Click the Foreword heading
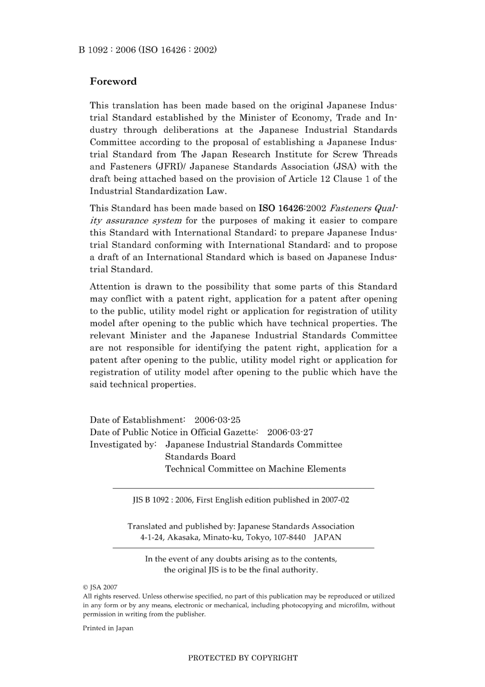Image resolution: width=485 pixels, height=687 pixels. click(x=113, y=81)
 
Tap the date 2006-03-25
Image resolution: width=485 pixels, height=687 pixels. click(x=217, y=420)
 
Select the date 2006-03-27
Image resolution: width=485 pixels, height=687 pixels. click(x=290, y=432)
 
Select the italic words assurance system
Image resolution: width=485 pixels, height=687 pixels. click(x=143, y=221)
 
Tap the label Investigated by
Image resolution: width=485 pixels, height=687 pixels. click(x=123, y=444)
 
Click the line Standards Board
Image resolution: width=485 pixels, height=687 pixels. click(x=200, y=457)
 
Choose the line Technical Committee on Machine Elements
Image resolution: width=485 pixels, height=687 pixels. click(x=255, y=469)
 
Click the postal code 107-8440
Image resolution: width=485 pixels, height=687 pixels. click(x=289, y=537)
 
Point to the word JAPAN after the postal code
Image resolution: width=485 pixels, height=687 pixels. click(x=327, y=537)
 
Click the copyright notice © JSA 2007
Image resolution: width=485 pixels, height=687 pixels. click(x=100, y=587)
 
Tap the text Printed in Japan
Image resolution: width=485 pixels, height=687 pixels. click(x=108, y=628)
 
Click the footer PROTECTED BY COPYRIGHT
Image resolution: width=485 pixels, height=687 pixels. click(x=243, y=658)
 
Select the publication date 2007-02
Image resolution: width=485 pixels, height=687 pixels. click(x=335, y=500)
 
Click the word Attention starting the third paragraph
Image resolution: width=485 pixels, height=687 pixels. click(x=109, y=287)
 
